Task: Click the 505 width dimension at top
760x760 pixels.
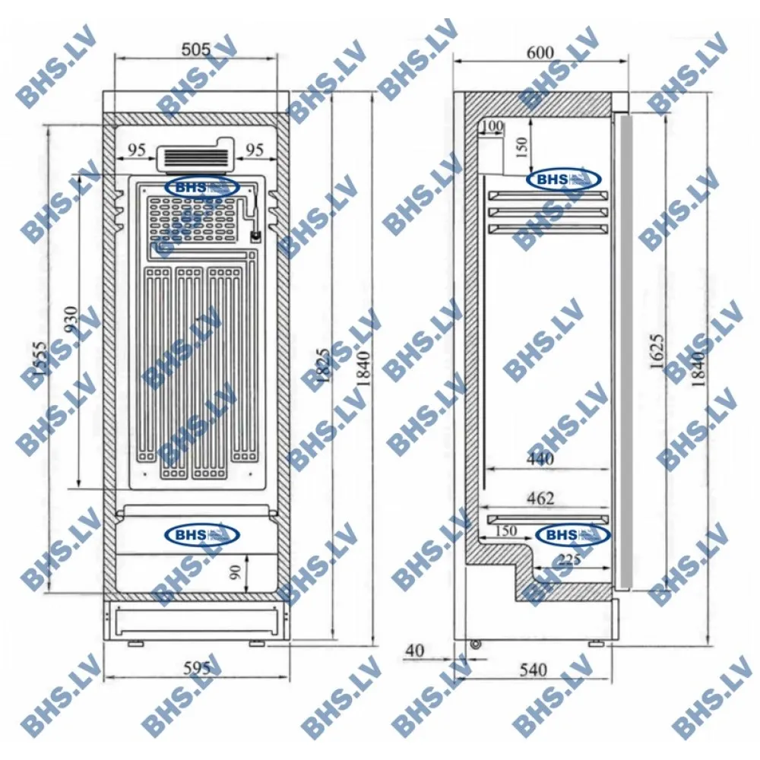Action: (196, 50)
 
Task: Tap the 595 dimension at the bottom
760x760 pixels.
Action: (196, 668)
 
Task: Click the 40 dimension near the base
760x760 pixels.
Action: (414, 651)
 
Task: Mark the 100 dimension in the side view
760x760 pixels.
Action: (492, 125)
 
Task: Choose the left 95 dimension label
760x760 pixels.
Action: (136, 150)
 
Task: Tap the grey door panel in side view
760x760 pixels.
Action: (624, 350)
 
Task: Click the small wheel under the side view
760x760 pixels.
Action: (477, 644)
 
